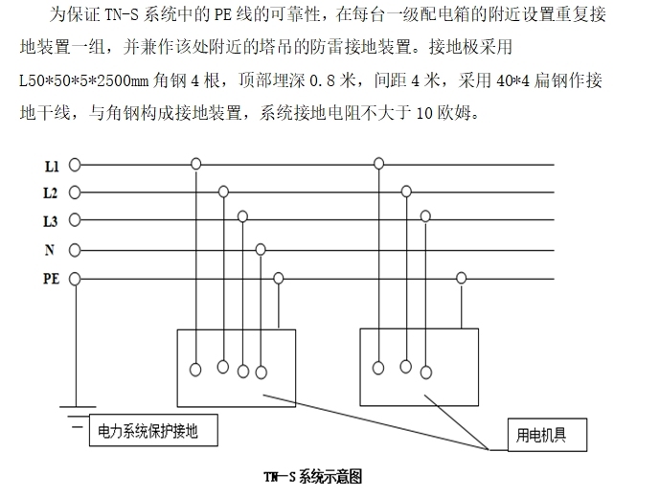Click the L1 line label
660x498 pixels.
[x=52, y=165]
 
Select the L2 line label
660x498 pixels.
[x=52, y=192]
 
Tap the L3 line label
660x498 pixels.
[x=52, y=221]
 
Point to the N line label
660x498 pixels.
[x=50, y=250]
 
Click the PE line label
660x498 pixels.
[x=52, y=279]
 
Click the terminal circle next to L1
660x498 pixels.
[x=74, y=165]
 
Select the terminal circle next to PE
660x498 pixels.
[x=74, y=279]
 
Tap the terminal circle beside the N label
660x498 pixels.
[x=74, y=250]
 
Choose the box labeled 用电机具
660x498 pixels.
[x=540, y=435]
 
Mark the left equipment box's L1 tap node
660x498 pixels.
[x=195, y=165]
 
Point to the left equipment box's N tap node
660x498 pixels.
[x=260, y=249]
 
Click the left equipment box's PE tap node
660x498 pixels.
[x=279, y=279]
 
